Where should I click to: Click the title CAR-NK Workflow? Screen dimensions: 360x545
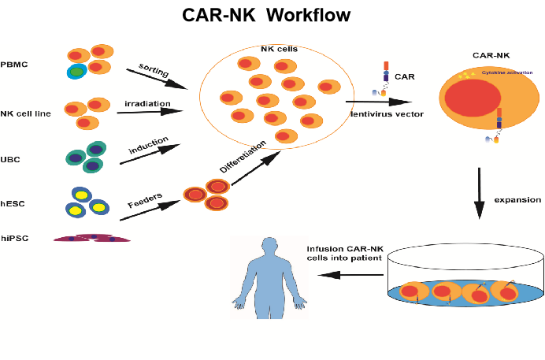click(266, 15)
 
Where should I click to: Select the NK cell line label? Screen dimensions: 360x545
click(27, 113)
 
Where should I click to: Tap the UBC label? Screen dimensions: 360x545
click(12, 160)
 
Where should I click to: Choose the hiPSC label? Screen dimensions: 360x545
click(16, 237)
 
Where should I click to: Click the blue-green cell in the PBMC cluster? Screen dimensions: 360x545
click(76, 72)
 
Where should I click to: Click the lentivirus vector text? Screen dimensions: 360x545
click(388, 115)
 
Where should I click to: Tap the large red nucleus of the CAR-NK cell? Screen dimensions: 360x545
click(470, 103)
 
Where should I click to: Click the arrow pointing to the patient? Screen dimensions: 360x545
click(347, 274)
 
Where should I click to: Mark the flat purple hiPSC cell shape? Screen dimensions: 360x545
click(92, 237)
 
